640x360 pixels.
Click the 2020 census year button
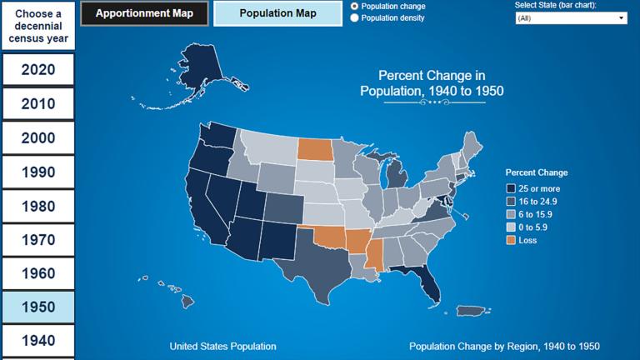pyautogui.click(x=38, y=70)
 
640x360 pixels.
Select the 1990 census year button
pyautogui.click(x=38, y=172)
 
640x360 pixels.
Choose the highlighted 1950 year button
pyautogui.click(x=38, y=307)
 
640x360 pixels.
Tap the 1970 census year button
pyautogui.click(x=38, y=240)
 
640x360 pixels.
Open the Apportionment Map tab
pyautogui.click(x=144, y=13)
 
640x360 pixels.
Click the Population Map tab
pyautogui.click(x=277, y=13)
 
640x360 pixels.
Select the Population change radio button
pyautogui.click(x=356, y=6)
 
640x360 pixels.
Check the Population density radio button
pyautogui.click(x=356, y=17)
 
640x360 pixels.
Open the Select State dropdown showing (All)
pyautogui.click(x=571, y=17)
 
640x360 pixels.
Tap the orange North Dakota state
pyautogui.click(x=314, y=149)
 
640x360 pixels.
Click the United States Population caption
pyautogui.click(x=222, y=346)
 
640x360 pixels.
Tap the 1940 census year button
pyautogui.click(x=38, y=341)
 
